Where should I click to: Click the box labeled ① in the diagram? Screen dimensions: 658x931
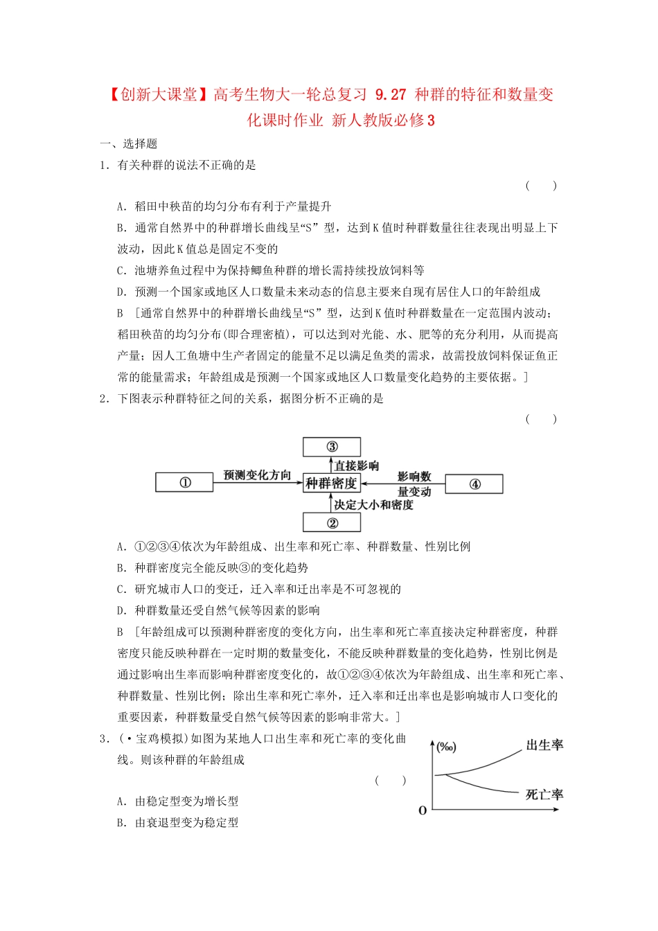pos(184,483)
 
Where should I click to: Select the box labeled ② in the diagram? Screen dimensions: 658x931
pos(332,522)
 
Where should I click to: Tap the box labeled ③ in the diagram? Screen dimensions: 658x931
pos(332,447)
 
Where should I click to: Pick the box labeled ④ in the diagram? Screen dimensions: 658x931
pos(474,484)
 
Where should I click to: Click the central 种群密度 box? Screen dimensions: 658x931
pos(332,484)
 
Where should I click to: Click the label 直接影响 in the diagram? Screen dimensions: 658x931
pos(357,465)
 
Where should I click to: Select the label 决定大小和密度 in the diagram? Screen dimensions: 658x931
pos(373,505)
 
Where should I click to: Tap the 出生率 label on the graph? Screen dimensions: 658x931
pos(544,745)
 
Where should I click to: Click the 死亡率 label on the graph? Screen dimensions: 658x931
pos(544,795)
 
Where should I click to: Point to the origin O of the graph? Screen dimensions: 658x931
pos(423,810)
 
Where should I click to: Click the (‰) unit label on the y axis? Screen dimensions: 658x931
pos(447,747)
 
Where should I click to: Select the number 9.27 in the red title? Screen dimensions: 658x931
pos(391,95)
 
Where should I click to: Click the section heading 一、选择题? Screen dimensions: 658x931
pos(129,143)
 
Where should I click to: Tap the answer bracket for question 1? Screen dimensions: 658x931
pos(541,186)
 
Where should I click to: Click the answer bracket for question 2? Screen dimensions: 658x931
pos(541,419)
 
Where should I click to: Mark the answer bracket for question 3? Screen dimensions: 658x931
pos(391,781)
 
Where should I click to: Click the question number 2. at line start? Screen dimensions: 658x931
pos(105,398)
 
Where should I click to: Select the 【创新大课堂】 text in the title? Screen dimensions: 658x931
pos(158,95)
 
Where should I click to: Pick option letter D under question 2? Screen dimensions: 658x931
pos(122,610)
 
